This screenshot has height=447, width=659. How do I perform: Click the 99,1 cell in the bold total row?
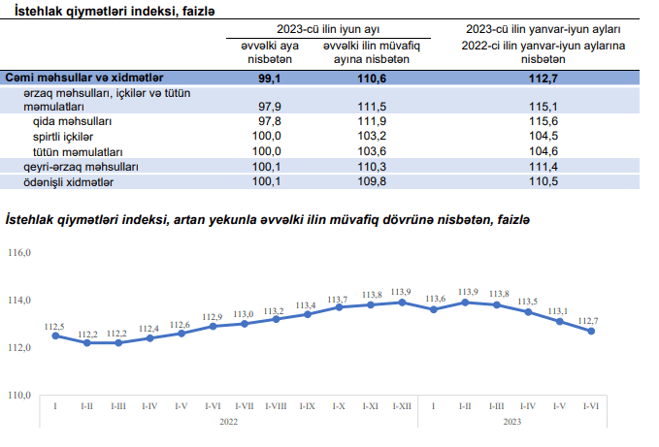pyautogui.click(x=269, y=77)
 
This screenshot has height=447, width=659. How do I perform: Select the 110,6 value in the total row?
pyautogui.click(x=377, y=77)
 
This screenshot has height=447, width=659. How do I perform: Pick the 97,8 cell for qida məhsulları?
pyautogui.click(x=267, y=121)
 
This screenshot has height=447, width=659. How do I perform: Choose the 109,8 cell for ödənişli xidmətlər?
pyautogui.click(x=376, y=181)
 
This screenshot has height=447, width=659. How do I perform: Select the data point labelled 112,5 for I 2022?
pyautogui.click(x=55, y=335)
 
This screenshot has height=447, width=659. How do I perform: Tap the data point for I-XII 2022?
pyautogui.click(x=401, y=303)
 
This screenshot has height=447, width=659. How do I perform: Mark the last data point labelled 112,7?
pyautogui.click(x=590, y=331)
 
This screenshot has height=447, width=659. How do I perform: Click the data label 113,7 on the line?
pyautogui.click(x=338, y=300)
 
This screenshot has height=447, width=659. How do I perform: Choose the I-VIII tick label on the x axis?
pyautogui.click(x=276, y=406)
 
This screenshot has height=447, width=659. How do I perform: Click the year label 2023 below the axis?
pyautogui.click(x=512, y=421)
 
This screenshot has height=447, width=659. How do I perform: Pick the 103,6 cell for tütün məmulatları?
pyautogui.click(x=376, y=151)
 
